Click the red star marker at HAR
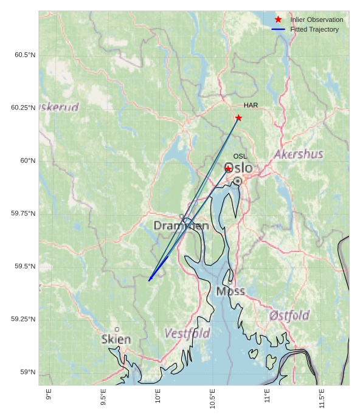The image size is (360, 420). (238, 118)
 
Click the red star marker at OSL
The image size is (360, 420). (228, 169)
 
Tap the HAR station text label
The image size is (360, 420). (251, 106)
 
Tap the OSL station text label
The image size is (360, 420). (240, 157)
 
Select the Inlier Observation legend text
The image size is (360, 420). (316, 20)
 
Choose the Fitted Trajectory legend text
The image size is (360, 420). (314, 30)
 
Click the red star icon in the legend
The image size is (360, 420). (279, 20)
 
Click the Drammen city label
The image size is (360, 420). (181, 226)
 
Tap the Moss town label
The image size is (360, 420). (230, 291)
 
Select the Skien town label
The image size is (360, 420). (116, 339)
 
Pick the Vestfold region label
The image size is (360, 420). (187, 334)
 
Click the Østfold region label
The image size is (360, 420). (289, 315)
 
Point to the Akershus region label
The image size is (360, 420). (299, 154)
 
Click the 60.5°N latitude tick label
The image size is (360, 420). (25, 55)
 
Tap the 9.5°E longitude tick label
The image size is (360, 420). (103, 397)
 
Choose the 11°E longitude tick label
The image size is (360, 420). (267, 397)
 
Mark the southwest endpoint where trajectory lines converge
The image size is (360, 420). (149, 281)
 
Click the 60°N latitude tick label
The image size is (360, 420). (28, 161)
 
